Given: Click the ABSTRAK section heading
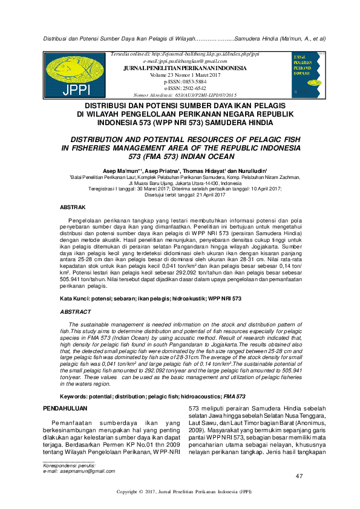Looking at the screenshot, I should click(73, 207).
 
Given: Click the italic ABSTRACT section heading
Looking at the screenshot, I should click(75, 312).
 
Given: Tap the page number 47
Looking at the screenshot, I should click(299, 477).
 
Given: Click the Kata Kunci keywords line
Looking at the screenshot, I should click(151, 299).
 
